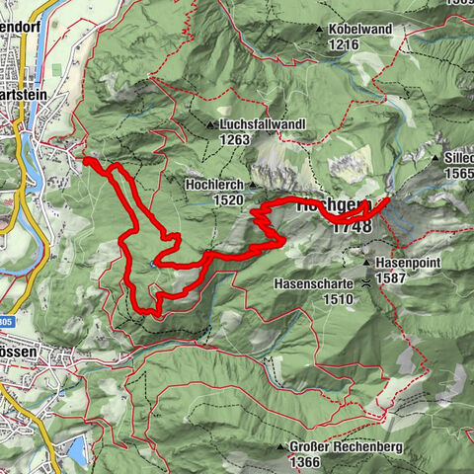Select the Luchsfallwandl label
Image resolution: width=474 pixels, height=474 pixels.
(x=263, y=124)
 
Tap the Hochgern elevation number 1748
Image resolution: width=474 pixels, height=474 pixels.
(x=353, y=226)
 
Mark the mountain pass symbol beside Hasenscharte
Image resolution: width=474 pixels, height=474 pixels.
(x=366, y=282)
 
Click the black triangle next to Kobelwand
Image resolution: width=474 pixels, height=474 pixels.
(x=319, y=31)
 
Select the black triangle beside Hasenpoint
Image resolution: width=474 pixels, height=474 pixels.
(x=366, y=264)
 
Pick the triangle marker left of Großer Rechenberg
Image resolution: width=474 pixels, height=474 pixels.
(x=282, y=446)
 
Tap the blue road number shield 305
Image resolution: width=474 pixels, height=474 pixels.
(x=5, y=321)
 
